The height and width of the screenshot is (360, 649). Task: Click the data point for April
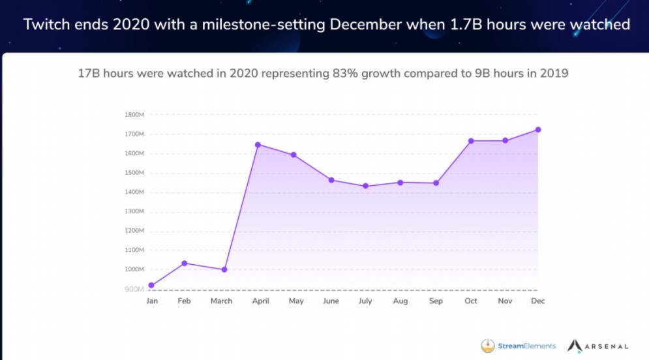[258, 145]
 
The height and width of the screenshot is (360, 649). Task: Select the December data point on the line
[538, 130]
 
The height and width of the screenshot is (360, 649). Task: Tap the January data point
[151, 285]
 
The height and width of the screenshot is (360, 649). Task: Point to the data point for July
[365, 186]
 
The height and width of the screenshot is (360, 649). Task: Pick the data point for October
[470, 141]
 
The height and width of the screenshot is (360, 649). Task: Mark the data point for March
[224, 269]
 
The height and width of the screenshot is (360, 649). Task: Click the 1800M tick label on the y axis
[134, 115]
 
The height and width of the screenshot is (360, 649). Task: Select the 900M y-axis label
[135, 289]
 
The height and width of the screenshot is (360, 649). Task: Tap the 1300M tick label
[134, 211]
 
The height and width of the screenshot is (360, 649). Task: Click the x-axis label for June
[331, 301]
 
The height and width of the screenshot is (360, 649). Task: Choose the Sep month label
[435, 301]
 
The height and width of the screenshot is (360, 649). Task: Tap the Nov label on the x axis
[504, 301]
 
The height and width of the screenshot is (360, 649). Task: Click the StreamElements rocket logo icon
[487, 346]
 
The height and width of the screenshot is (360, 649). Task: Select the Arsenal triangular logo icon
[574, 346]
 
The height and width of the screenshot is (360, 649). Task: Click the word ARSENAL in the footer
[607, 346]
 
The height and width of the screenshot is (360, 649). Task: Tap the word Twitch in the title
[46, 25]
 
